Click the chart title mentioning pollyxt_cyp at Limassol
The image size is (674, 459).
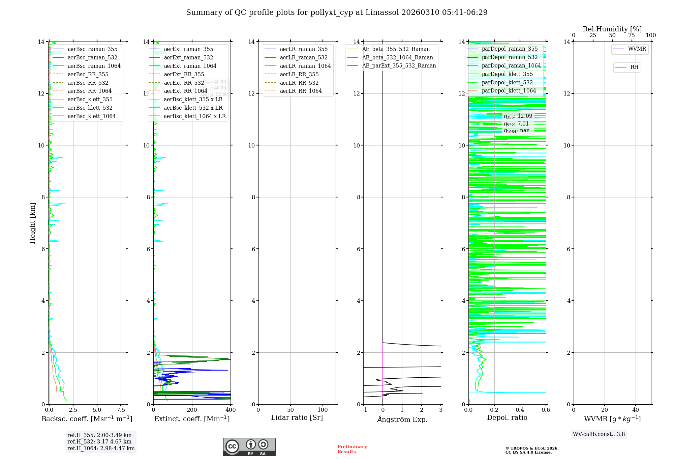337,12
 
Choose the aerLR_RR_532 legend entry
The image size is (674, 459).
299,83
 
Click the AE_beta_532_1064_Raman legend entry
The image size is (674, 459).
397,58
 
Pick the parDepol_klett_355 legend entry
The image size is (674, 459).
507,74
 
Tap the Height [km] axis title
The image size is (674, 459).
32,223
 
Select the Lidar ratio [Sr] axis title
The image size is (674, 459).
297,417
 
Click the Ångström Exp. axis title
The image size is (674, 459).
402,419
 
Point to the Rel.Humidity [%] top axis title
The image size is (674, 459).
612,29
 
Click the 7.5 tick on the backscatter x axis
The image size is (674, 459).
121,410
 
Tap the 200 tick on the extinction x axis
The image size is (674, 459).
192,410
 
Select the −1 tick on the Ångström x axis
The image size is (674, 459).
363,410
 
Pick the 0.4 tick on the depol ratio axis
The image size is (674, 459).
520,410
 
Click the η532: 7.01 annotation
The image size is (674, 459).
516,124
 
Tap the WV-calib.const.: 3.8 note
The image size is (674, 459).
599,434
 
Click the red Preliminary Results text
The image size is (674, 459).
352,449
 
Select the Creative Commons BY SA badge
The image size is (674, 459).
249,447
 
